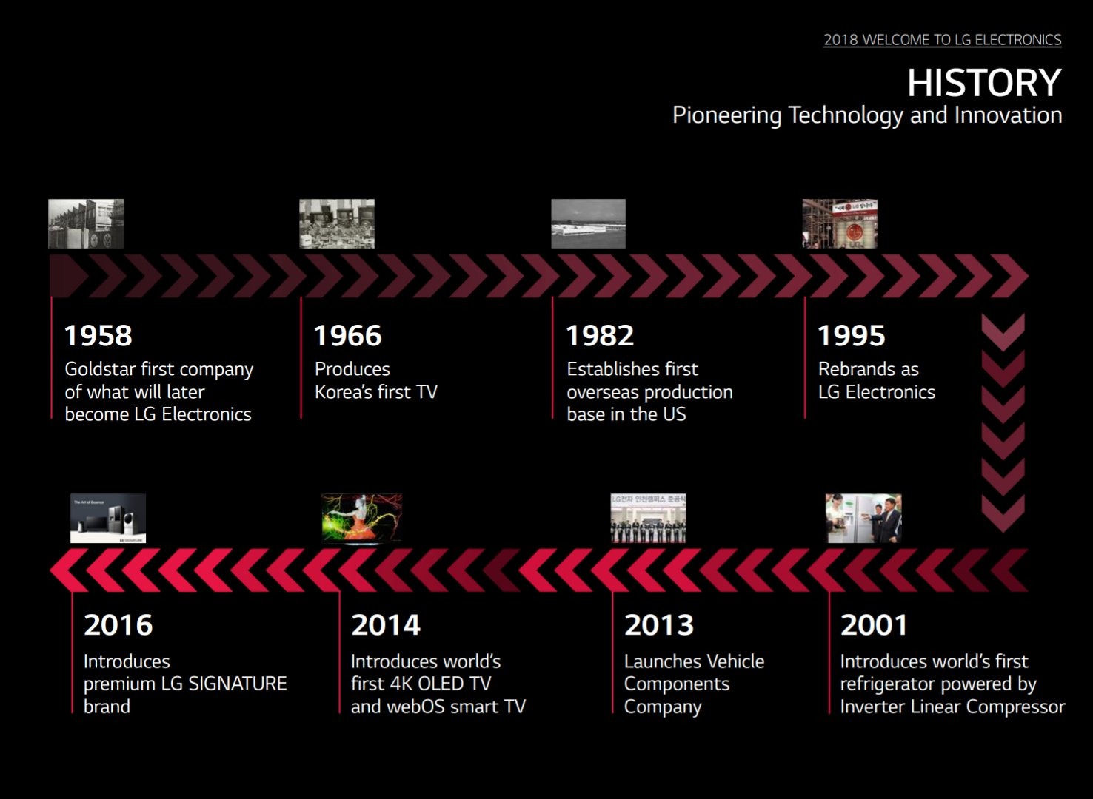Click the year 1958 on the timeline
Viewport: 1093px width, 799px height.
[x=98, y=335]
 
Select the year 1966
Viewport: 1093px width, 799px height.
[x=348, y=335]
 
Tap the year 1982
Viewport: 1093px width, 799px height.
[x=600, y=335]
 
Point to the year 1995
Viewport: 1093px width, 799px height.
[x=852, y=335]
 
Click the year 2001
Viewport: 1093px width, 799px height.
[x=873, y=624]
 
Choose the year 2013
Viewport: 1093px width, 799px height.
[x=659, y=624]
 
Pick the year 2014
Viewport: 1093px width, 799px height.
[x=386, y=624]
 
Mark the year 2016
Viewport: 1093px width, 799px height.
[x=118, y=624]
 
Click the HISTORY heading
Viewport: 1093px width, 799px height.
[x=984, y=83]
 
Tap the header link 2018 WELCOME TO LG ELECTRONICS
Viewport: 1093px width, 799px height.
[x=943, y=39]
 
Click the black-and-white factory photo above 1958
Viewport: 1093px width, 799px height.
[x=86, y=223]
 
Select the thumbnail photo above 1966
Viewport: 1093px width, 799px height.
[x=337, y=223]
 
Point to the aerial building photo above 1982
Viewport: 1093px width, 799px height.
[x=589, y=223]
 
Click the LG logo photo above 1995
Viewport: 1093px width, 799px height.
[x=840, y=223]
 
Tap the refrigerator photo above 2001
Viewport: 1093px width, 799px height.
[x=863, y=518]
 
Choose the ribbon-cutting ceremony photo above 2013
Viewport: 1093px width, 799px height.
[x=649, y=518]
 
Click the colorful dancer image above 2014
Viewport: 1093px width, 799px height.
[x=361, y=518]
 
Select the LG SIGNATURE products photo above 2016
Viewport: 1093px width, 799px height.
[x=108, y=518]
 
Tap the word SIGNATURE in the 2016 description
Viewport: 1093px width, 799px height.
[x=237, y=684]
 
